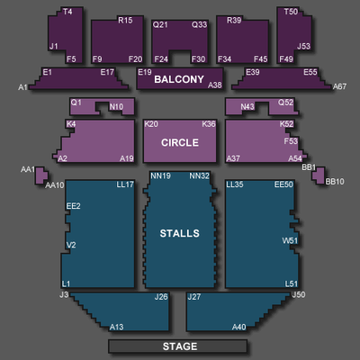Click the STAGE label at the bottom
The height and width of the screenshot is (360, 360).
click(x=180, y=346)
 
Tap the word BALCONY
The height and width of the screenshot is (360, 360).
click(x=179, y=79)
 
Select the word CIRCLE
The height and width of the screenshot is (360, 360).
click(x=180, y=142)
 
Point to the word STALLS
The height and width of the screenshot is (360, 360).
click(x=180, y=233)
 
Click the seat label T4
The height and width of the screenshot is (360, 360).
click(x=67, y=12)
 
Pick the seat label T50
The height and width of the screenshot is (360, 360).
click(x=291, y=12)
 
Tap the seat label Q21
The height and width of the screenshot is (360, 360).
click(x=160, y=24)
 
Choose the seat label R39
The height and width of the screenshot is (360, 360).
click(x=234, y=20)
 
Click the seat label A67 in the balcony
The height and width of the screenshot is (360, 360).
click(x=339, y=86)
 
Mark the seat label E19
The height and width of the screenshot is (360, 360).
click(x=145, y=72)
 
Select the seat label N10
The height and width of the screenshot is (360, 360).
click(x=116, y=107)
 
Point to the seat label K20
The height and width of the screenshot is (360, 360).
click(x=151, y=124)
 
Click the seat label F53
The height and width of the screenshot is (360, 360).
click(x=291, y=140)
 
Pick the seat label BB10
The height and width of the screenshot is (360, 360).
click(x=335, y=182)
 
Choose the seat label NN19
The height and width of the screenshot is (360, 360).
click(x=160, y=175)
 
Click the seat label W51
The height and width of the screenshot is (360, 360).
click(x=290, y=240)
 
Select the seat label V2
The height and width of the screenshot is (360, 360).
click(x=71, y=245)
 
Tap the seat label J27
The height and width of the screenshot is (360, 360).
click(x=194, y=297)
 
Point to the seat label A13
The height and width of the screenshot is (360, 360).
click(x=116, y=327)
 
